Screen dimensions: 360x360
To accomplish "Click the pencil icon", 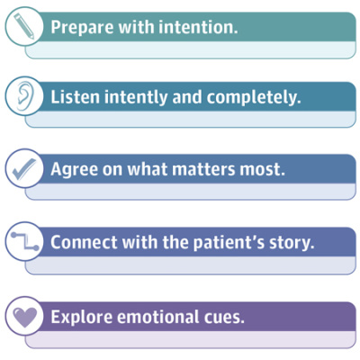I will click(23, 25).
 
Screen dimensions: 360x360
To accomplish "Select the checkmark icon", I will click(23, 169).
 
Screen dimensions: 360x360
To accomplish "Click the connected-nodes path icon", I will click(23, 242).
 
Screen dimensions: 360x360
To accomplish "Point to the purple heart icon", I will click(23, 315).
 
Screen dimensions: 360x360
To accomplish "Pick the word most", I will click(266, 170).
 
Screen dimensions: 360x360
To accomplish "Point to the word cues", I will click(225, 317).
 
